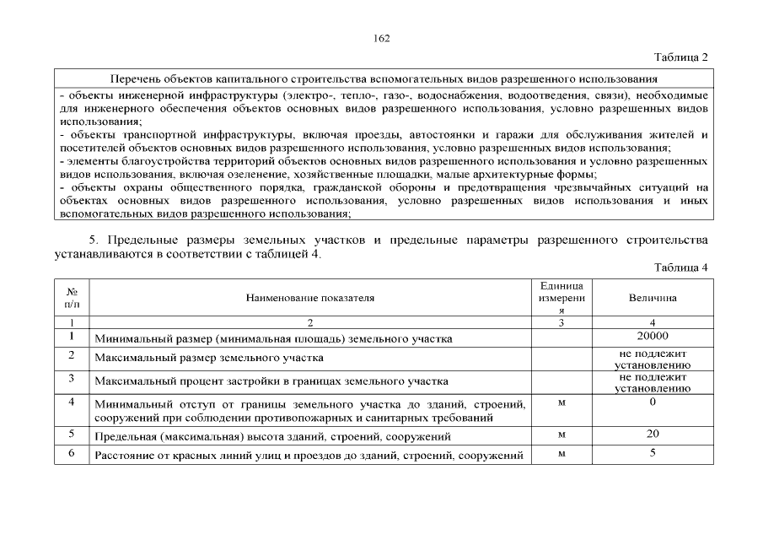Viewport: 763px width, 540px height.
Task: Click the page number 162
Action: pos(381,38)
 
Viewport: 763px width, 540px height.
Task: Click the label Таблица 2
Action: pos(680,57)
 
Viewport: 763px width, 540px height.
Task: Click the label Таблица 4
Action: pos(680,267)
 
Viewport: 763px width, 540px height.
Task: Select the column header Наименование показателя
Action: pos(310,298)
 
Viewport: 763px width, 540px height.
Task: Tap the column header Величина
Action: pos(653,298)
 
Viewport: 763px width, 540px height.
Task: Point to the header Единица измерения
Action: pos(562,298)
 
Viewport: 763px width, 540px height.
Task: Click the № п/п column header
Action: pos(72,298)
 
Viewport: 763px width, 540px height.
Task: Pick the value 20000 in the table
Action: pos(653,337)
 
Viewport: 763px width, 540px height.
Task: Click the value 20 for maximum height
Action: pos(653,435)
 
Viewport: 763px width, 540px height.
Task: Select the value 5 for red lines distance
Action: pos(653,454)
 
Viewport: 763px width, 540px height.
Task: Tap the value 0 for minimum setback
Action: pos(653,402)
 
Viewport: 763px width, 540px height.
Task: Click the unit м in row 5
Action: pos(562,435)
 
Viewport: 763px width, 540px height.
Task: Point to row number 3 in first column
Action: pos(72,378)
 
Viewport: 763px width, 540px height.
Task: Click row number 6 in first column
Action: pos(72,454)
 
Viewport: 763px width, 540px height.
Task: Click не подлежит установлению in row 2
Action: pos(653,359)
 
